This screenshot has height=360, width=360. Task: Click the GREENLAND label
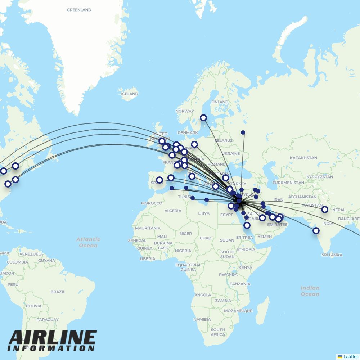click(79, 10)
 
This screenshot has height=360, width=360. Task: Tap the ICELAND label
click(129, 94)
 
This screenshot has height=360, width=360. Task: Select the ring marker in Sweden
click(203, 118)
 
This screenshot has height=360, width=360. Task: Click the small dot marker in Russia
click(243, 132)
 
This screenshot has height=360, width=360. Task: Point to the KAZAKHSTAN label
click(303, 158)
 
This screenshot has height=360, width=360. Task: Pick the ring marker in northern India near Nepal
click(325, 209)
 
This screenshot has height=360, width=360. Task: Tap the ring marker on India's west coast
click(316, 231)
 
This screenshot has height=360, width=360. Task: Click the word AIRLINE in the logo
click(53, 338)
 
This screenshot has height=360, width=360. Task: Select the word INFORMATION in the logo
click(51, 348)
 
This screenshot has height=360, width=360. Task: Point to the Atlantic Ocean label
click(88, 242)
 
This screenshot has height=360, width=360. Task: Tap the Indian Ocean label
click(310, 291)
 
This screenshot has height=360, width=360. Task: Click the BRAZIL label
click(58, 292)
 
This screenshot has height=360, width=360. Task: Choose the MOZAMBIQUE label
click(238, 310)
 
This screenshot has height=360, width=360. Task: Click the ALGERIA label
click(173, 211)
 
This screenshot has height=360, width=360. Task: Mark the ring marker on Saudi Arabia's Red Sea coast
click(247, 226)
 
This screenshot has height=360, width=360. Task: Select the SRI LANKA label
click(332, 255)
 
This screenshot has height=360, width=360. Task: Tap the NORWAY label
click(185, 111)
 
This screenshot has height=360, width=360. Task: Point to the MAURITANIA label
click(148, 228)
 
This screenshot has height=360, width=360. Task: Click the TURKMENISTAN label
click(288, 183)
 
